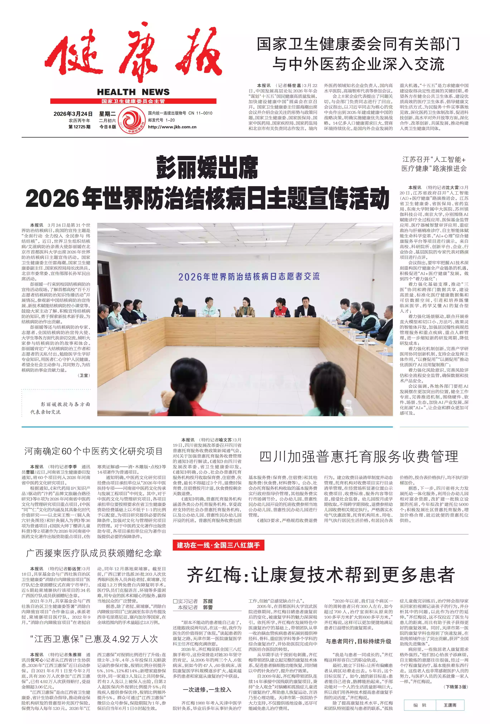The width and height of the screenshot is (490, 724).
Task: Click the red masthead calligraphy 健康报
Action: coord(133,53)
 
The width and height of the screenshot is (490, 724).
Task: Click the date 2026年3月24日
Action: coord(73,114)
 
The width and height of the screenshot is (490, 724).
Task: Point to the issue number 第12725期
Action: coord(79,127)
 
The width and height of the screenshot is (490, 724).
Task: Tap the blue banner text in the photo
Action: coord(249,276)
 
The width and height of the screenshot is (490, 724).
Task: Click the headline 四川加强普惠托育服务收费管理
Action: coord(359,457)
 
